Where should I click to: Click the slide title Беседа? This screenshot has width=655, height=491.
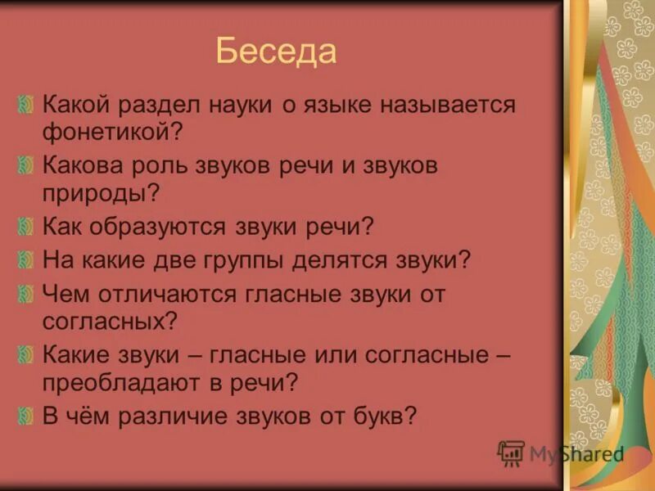point(276,52)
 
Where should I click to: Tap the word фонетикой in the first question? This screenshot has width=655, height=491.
point(107,131)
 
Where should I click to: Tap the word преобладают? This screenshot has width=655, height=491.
point(129,381)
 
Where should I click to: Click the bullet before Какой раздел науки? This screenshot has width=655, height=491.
point(25,105)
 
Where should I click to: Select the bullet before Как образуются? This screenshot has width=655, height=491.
point(25,227)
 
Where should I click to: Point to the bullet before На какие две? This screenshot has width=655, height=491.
point(25,261)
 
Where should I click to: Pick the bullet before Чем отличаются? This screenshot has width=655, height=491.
point(25,293)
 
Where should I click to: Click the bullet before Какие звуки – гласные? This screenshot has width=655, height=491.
point(25,354)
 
